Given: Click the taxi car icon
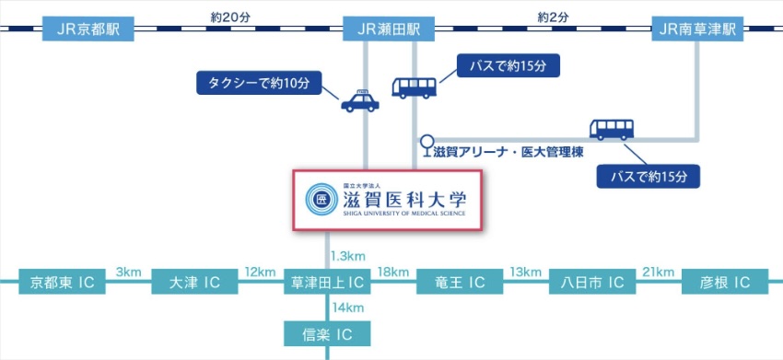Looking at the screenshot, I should point(359,101).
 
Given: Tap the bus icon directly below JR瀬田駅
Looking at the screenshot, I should point(415,87).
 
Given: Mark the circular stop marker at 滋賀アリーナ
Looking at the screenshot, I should point(427,142).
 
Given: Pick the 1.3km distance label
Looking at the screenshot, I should point(350,255).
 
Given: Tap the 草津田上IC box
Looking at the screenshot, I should point(326,282).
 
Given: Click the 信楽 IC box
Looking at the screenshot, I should point(326,333).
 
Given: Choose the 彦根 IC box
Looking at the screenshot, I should point(724,282).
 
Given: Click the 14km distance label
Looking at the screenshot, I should point(348,307).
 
